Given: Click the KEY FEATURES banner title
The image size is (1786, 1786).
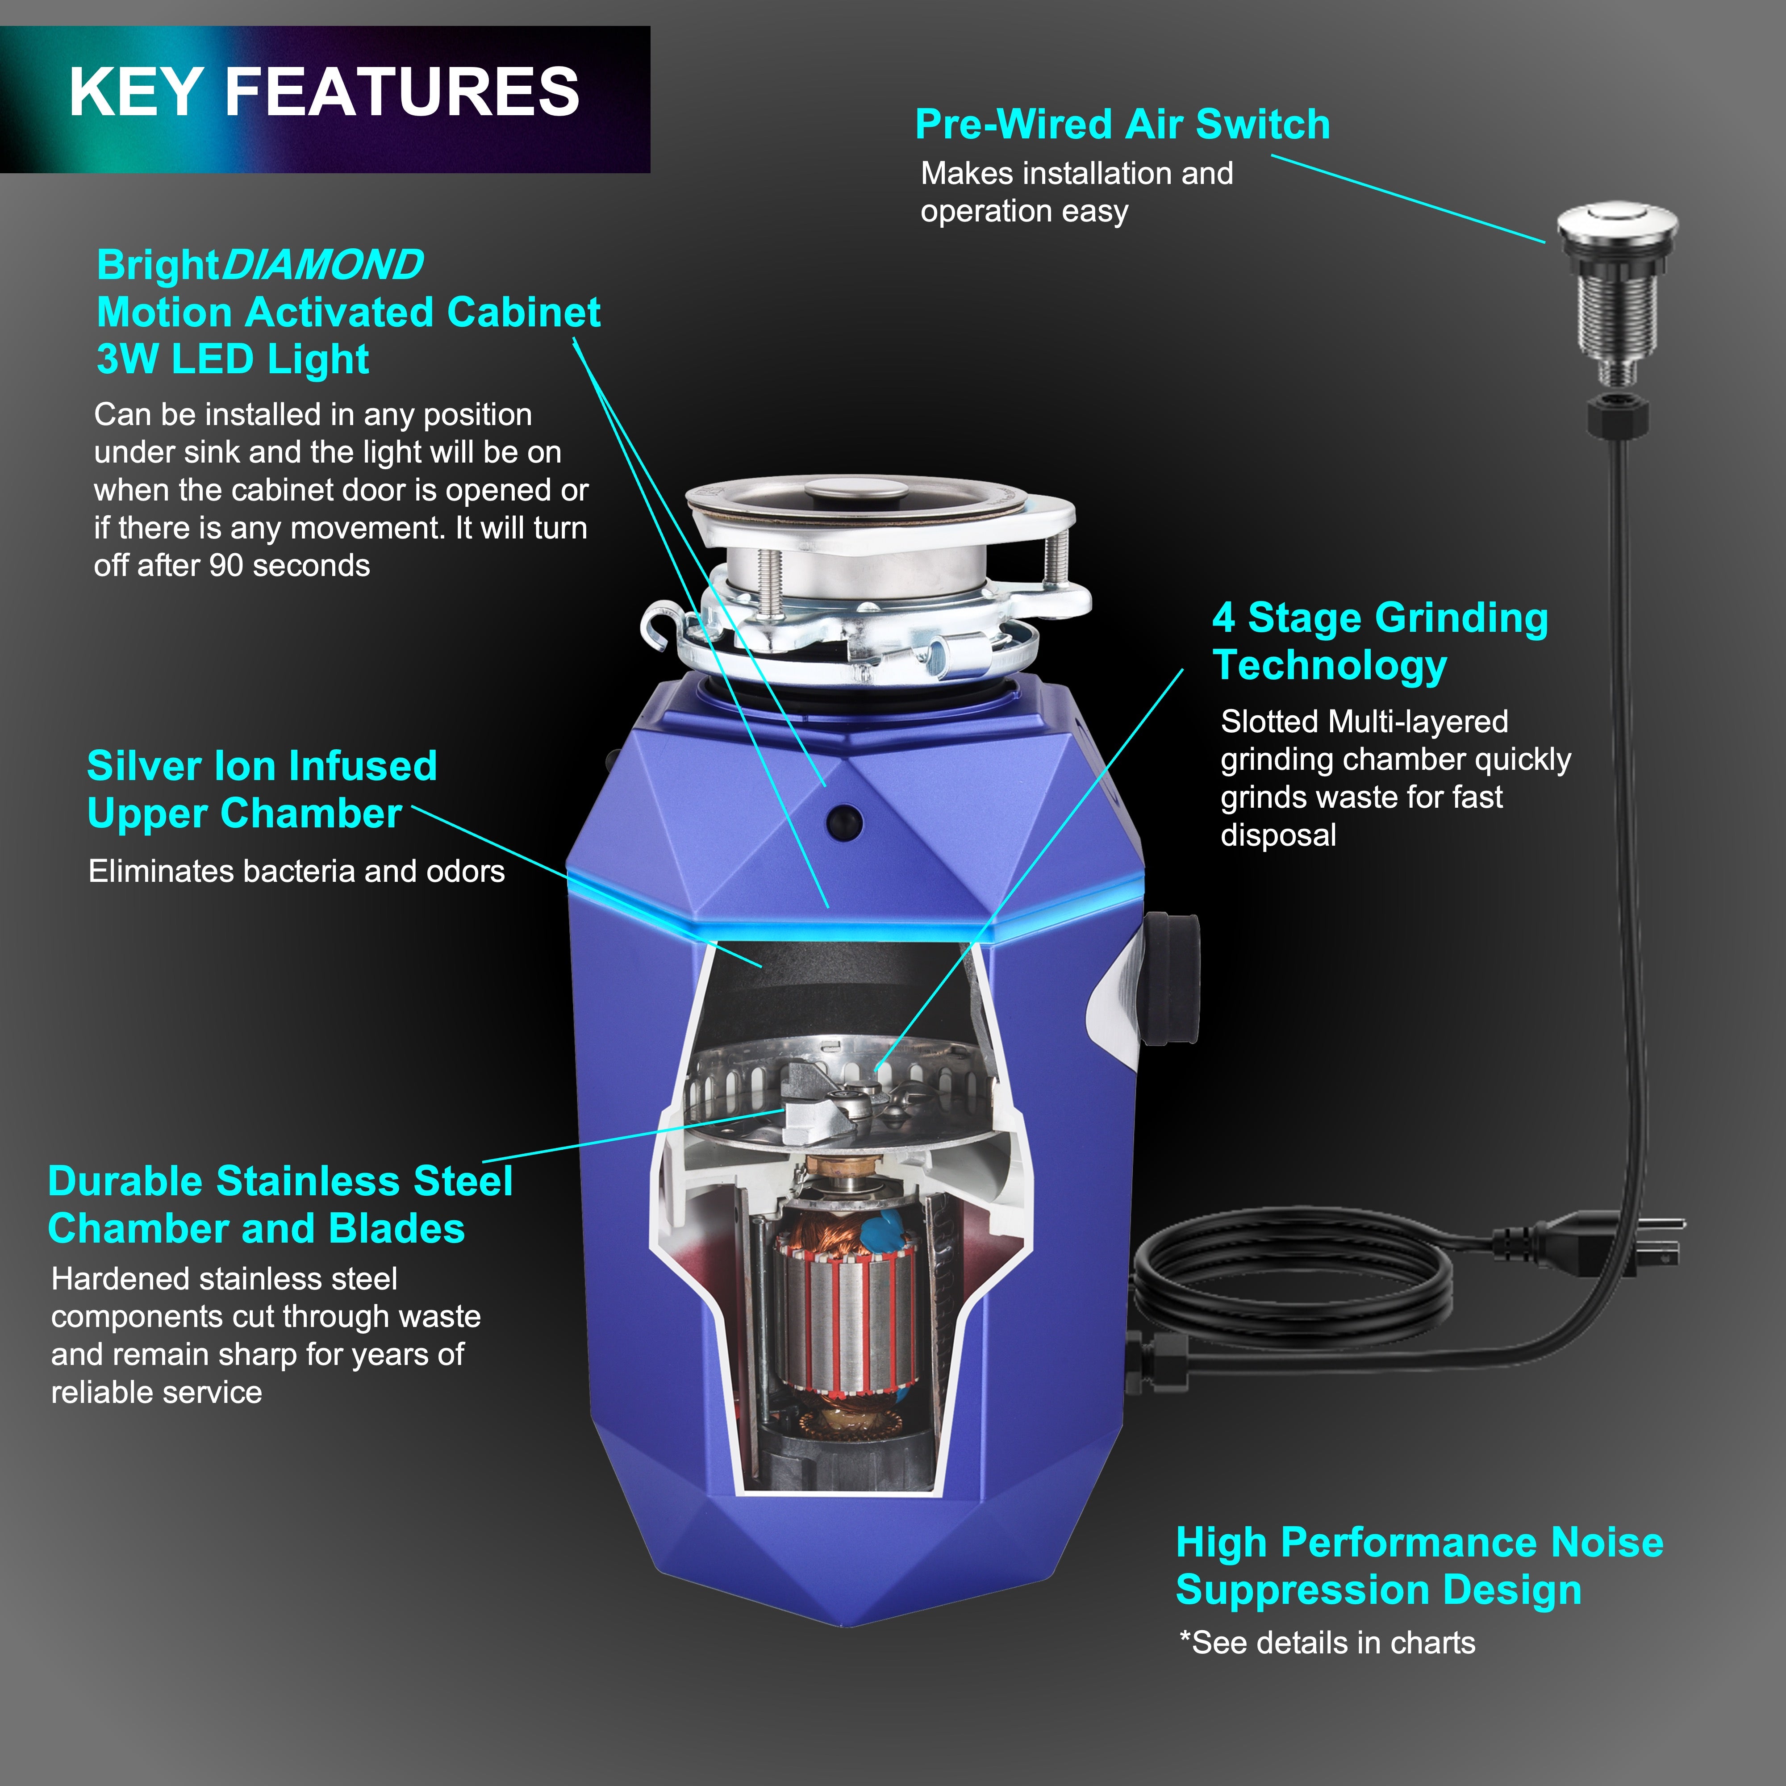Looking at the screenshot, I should [x=324, y=92].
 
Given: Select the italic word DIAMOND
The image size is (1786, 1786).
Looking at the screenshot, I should [x=321, y=265].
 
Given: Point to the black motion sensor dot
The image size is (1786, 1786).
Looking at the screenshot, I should [x=843, y=820].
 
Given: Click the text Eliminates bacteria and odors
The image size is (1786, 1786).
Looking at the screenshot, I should [x=296, y=871].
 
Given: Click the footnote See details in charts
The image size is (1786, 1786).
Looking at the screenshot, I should [x=1327, y=1643].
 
